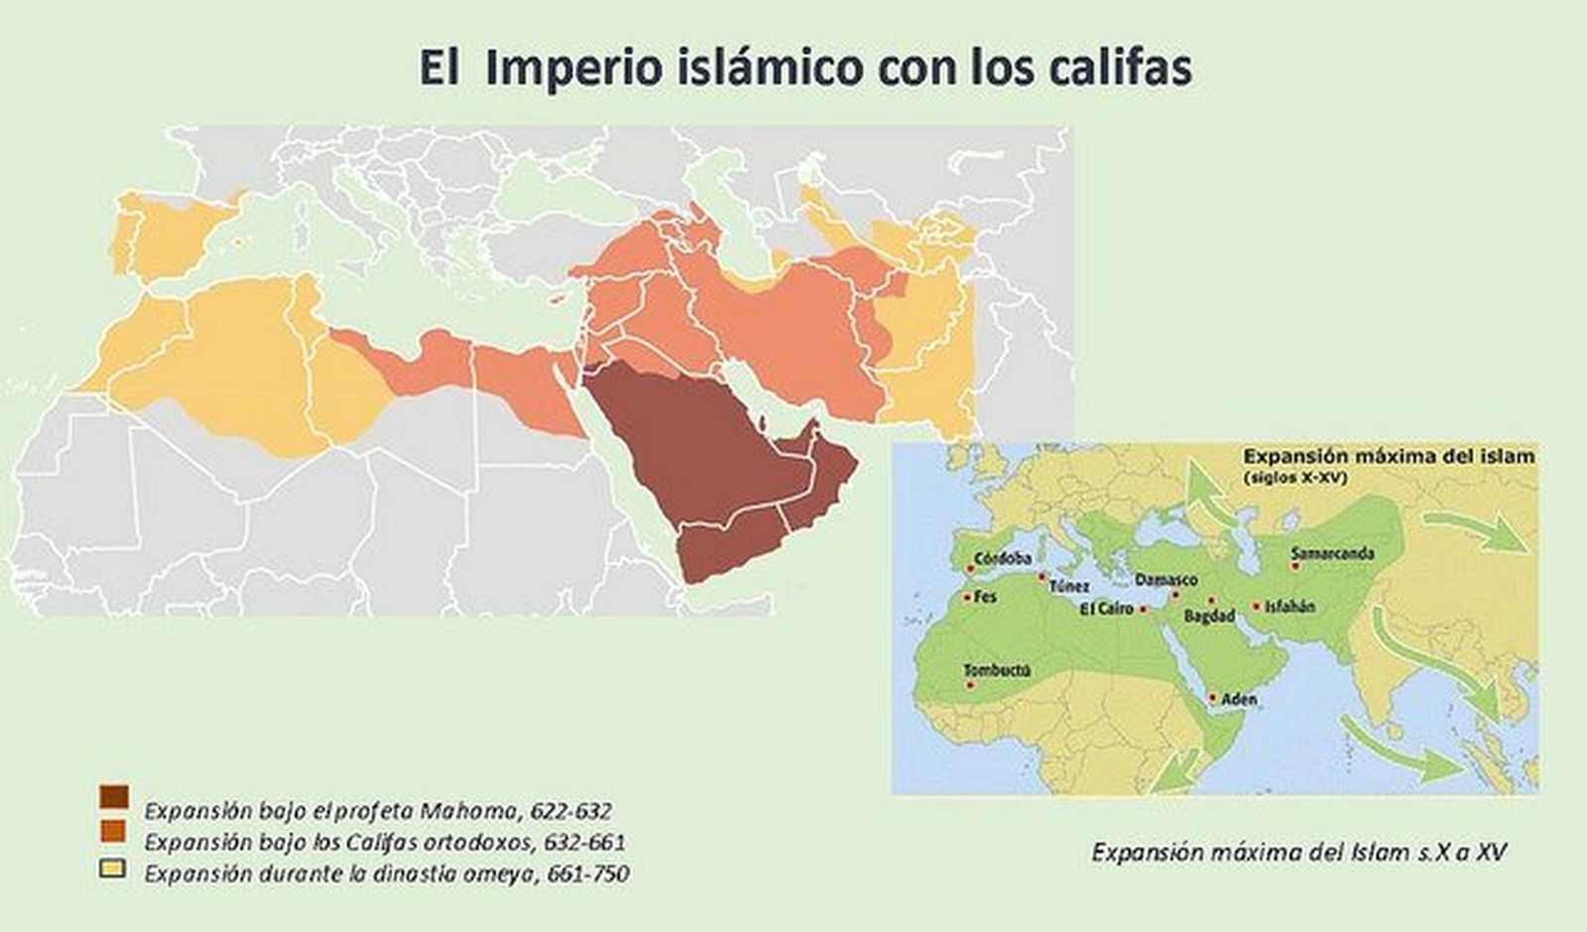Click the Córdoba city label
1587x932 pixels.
point(1003,559)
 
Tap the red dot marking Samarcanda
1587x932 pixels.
point(1294,566)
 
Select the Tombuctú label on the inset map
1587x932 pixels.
point(997,670)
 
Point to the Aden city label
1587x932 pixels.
point(1239,700)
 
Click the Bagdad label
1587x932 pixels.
point(1210,617)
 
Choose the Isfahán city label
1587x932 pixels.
point(1289,606)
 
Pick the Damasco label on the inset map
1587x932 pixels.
point(1165,579)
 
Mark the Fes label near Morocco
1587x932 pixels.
point(986,597)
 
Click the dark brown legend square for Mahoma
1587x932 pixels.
point(114,797)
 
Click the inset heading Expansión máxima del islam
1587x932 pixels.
point(1389,457)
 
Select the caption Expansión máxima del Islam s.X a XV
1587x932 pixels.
point(1299,852)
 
